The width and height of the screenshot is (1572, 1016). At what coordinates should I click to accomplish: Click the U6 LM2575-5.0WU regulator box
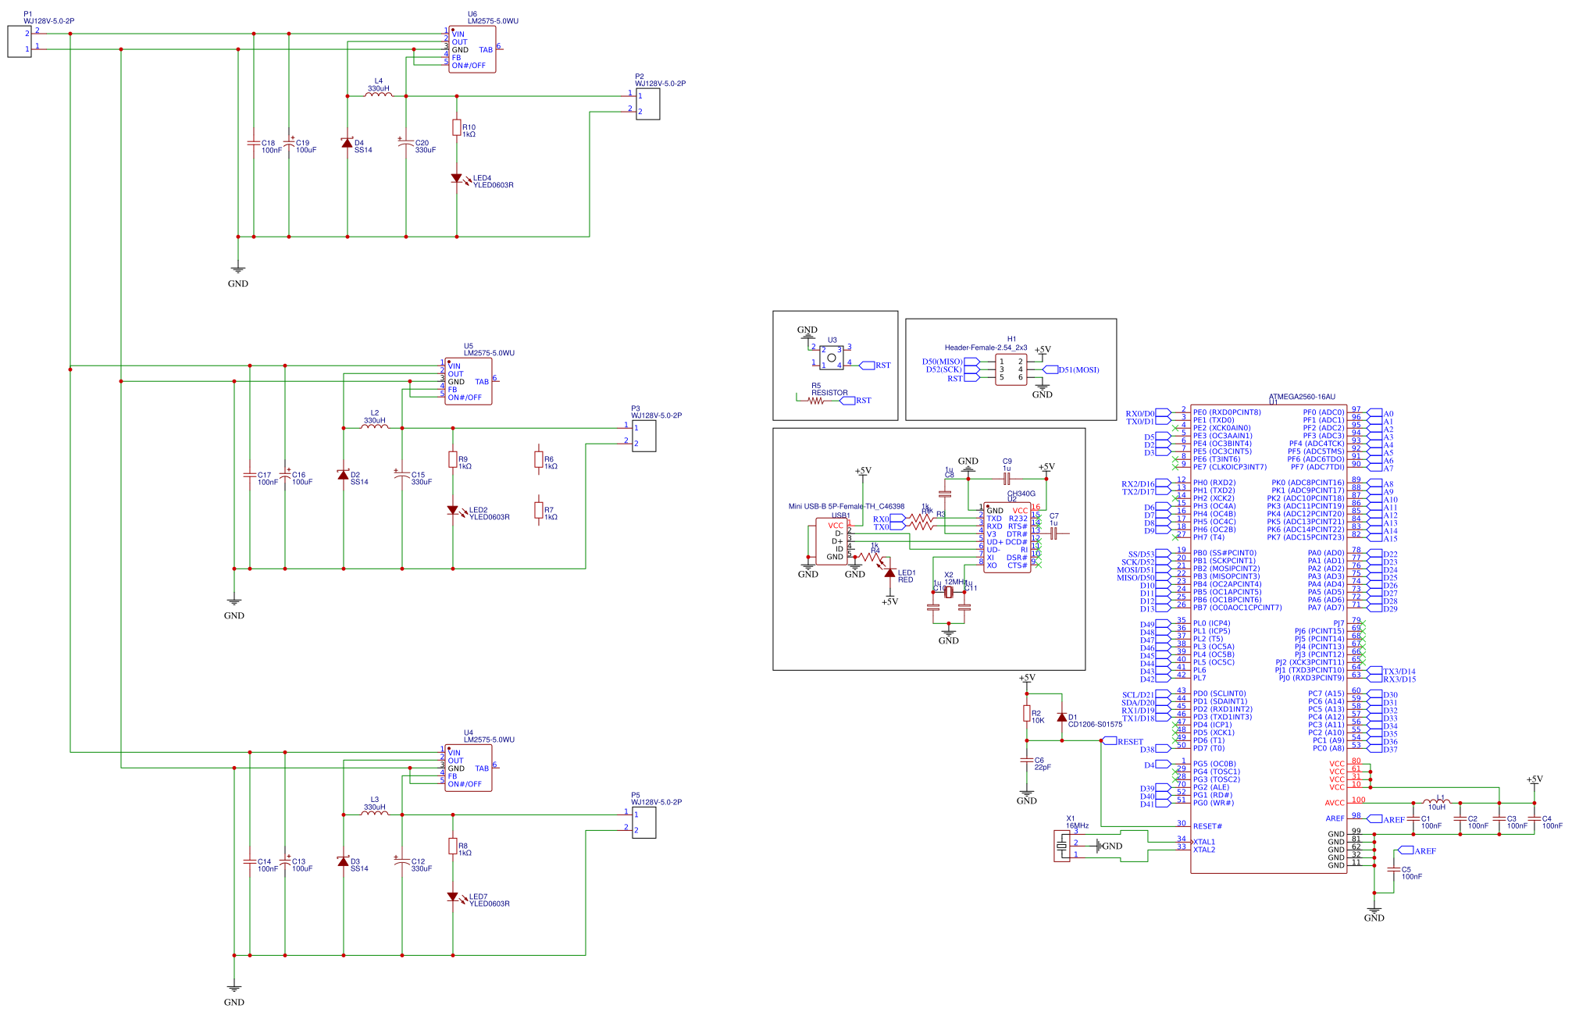click(472, 49)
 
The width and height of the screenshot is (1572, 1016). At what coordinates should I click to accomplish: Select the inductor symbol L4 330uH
click(378, 95)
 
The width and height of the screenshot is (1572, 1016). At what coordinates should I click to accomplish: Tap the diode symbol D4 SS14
click(347, 143)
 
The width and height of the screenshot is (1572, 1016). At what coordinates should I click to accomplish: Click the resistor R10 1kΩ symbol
click(456, 128)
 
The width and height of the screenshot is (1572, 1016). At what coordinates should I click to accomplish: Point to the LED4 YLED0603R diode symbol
click(456, 179)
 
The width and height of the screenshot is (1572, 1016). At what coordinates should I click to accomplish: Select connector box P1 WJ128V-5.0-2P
click(19, 41)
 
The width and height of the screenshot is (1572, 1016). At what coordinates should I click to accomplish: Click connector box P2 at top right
click(648, 104)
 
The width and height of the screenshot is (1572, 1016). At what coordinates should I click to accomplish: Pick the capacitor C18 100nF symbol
click(253, 144)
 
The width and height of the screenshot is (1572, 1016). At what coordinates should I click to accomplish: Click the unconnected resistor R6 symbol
click(538, 460)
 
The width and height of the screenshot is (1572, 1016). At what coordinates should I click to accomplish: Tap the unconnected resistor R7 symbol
click(538, 510)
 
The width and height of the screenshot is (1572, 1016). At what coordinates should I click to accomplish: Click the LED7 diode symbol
click(452, 897)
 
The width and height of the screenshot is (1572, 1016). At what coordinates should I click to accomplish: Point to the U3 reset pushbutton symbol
click(831, 358)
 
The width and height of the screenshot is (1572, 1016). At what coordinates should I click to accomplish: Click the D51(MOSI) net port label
click(1078, 369)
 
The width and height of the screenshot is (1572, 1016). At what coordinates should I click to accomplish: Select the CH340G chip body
click(1007, 537)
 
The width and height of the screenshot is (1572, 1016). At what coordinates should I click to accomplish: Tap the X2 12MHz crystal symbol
click(949, 592)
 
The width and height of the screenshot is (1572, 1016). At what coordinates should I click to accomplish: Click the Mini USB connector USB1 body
click(832, 540)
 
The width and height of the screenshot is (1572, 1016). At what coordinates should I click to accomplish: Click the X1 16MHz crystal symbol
click(1061, 847)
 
